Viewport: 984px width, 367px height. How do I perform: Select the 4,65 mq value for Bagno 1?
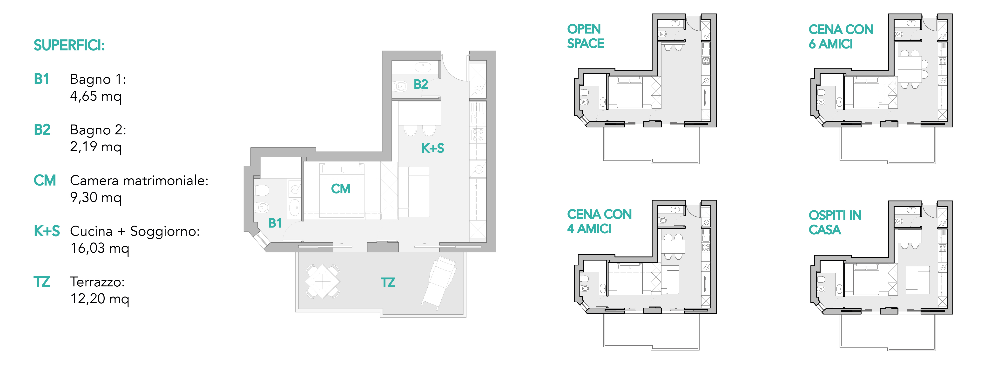coord(95,96)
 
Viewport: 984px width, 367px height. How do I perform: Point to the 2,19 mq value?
coord(95,146)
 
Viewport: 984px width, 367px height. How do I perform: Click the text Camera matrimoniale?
coord(139,180)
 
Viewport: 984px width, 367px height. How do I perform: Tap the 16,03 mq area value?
coord(100,248)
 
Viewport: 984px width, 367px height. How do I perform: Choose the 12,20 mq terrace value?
coord(100,298)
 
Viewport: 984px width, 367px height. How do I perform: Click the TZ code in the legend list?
coord(42,282)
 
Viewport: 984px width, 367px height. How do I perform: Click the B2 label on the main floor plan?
coord(421,84)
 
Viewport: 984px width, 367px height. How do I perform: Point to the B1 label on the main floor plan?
coord(275,223)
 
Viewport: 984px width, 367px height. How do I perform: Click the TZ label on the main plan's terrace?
coord(388,283)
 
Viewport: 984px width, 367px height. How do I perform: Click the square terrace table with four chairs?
coord(323,282)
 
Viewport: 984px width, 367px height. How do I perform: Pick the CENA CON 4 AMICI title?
coord(599,221)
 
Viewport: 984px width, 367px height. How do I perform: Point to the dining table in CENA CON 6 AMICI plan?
coord(910,69)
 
